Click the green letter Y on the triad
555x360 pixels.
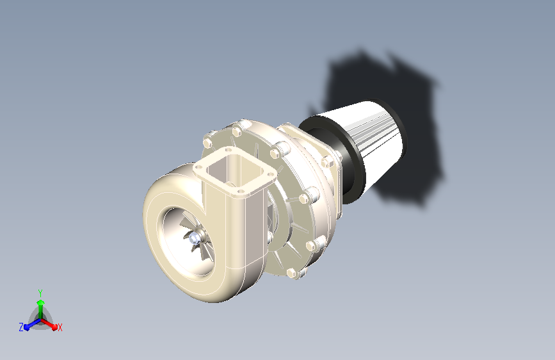click(x=40, y=293)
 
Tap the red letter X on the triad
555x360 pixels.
click(x=60, y=327)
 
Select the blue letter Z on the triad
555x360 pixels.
click(x=21, y=327)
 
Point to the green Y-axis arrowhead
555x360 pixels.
click(x=40, y=302)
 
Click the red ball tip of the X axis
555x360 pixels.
click(x=54, y=327)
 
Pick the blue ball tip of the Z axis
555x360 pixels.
click(x=27, y=327)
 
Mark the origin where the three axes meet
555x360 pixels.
click(x=41, y=320)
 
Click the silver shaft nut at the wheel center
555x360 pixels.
click(x=194, y=239)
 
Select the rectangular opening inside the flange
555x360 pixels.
click(x=235, y=171)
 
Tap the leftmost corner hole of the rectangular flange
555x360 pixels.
click(x=199, y=167)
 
